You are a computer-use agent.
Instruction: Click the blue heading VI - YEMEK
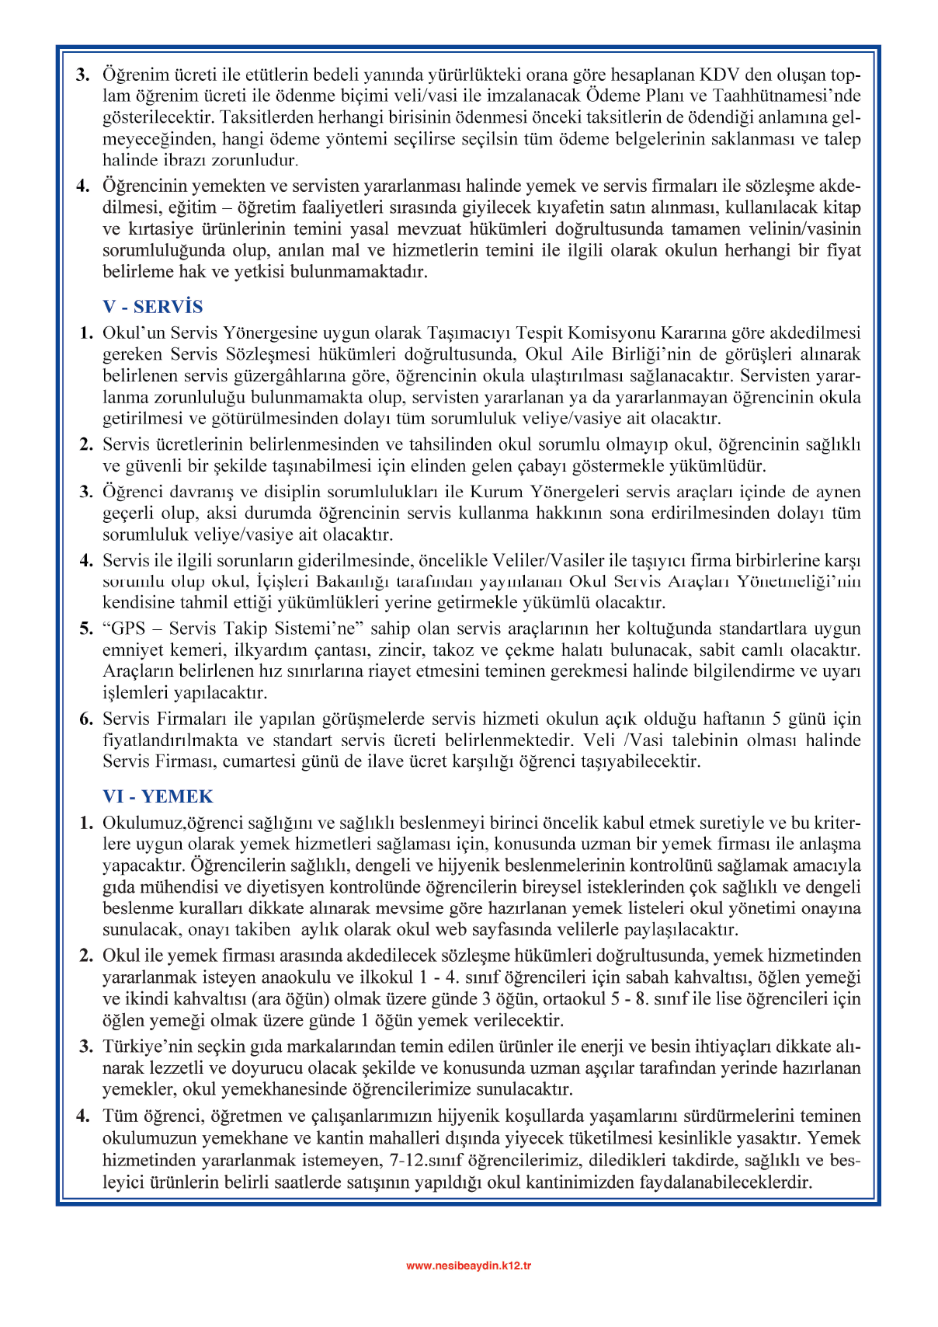[x=158, y=796]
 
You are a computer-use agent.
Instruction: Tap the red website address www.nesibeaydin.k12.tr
[x=468, y=1266]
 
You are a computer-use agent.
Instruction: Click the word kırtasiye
[x=161, y=229]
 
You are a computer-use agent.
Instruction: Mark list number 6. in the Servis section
[x=86, y=719]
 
